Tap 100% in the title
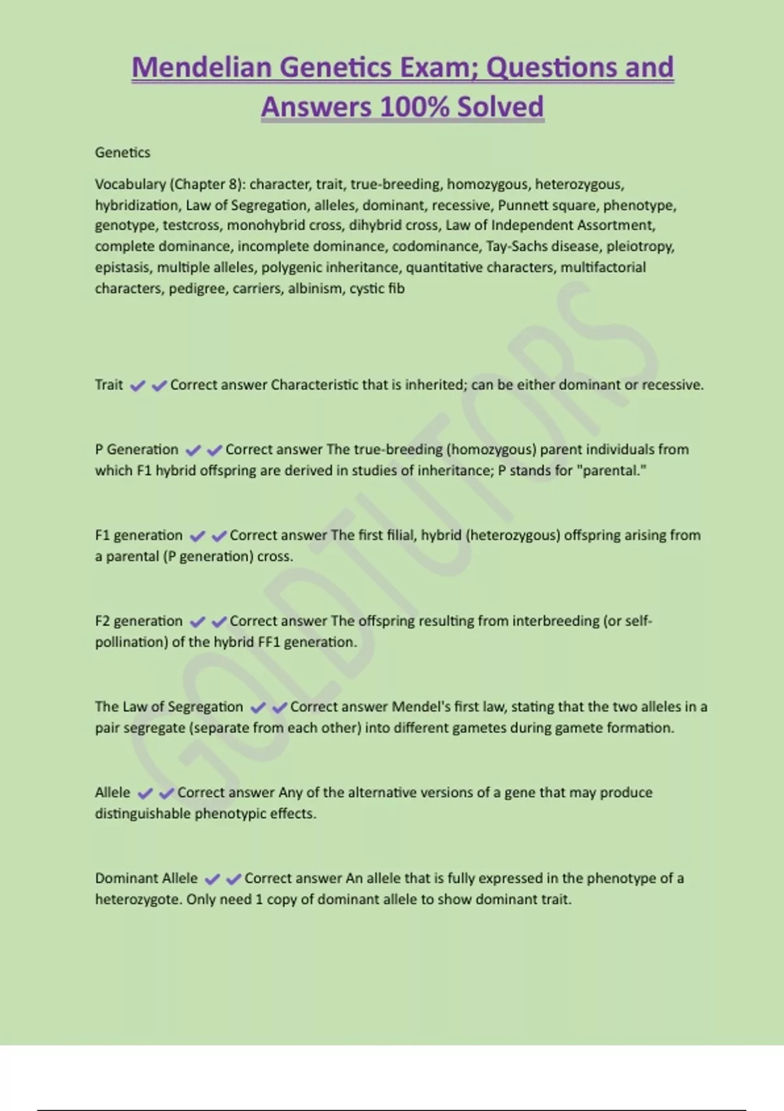pos(414,107)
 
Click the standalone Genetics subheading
pos(122,152)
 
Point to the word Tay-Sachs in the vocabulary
pos(519,246)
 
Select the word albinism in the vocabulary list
pos(315,288)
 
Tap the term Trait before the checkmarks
pos(108,384)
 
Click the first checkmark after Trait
pos(137,386)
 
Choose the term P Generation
pos(137,449)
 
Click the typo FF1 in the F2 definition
pos(269,642)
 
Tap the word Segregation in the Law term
pos(205,706)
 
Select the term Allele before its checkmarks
pos(112,792)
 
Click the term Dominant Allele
pos(146,878)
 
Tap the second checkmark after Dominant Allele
pos(233,879)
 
